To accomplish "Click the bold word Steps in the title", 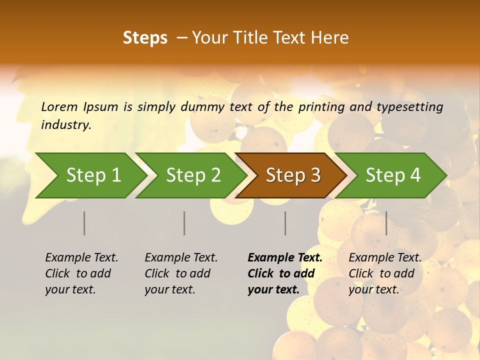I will [x=145, y=38].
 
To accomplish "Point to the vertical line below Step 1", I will [x=84, y=223].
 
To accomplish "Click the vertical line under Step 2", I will [x=184, y=223].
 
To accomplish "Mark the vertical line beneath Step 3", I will [x=285, y=223].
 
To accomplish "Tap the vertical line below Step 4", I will [x=386, y=223].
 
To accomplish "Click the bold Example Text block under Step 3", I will [x=285, y=273].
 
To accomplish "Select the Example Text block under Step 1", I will [x=81, y=273].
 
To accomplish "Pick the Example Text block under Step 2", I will [x=181, y=273].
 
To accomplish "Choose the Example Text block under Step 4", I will [x=385, y=273].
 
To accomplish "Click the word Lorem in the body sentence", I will [x=59, y=107].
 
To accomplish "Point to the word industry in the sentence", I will [x=66, y=125].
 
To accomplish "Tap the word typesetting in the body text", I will [x=409, y=107].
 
